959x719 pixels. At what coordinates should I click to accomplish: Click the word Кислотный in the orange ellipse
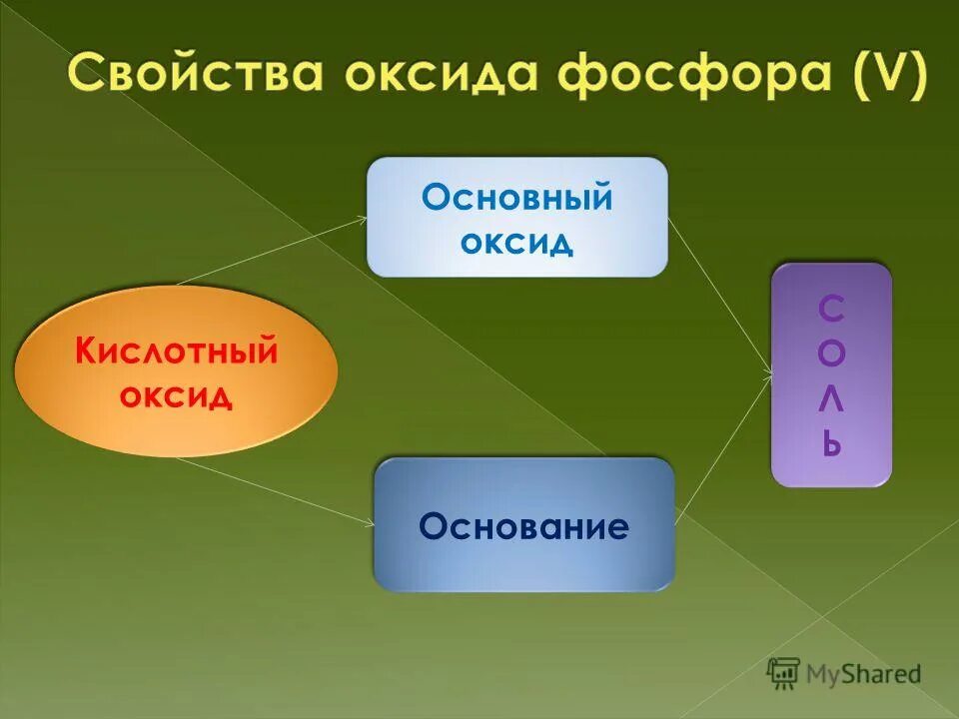click(177, 352)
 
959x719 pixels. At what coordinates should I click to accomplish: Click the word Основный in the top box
click(516, 198)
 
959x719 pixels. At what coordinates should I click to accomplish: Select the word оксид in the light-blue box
click(516, 242)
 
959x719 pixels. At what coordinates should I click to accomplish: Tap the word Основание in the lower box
click(523, 526)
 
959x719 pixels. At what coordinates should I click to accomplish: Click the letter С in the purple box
click(831, 311)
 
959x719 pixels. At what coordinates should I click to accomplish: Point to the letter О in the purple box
click(831, 355)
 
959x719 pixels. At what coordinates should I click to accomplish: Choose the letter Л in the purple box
click(831, 398)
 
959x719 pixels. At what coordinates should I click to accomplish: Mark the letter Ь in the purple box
click(831, 442)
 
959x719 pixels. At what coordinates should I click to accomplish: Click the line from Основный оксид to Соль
click(719, 296)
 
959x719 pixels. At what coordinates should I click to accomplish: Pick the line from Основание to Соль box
click(724, 449)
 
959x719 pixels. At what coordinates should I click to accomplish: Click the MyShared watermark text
click(862, 674)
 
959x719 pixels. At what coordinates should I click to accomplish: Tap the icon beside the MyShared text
click(783, 673)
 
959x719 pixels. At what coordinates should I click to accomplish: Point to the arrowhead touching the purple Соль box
click(768, 375)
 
